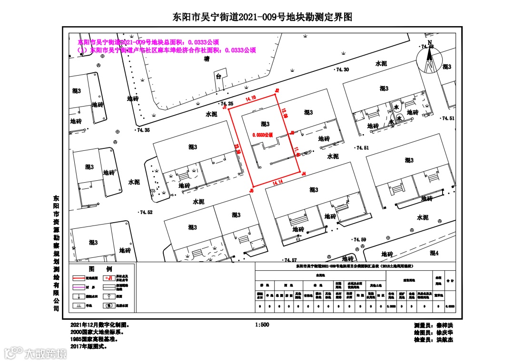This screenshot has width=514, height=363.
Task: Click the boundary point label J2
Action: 276,90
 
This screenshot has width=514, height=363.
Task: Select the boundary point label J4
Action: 303,174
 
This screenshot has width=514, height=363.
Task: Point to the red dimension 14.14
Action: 278,182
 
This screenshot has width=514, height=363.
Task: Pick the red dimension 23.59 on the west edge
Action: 237,148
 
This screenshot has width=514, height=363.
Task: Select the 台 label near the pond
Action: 218,76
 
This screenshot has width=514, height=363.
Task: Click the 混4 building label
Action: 434,253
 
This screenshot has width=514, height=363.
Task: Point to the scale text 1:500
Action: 262,324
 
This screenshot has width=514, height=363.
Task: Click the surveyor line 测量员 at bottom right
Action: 433,325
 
